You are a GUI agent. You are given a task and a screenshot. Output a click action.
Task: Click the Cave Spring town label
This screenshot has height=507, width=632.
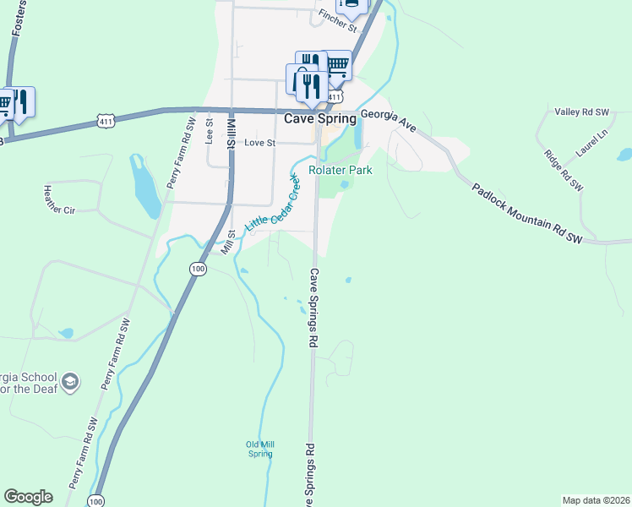(319, 118)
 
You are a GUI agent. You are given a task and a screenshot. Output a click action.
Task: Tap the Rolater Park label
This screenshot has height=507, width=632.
(341, 170)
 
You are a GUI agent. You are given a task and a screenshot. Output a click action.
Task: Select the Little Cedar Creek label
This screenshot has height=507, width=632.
(273, 205)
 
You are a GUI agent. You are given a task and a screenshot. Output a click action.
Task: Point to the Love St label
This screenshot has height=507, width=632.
(259, 143)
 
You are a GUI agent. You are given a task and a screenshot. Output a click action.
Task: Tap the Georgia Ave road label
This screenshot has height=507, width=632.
(389, 120)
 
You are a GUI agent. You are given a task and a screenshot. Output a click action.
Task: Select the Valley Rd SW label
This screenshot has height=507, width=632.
(581, 112)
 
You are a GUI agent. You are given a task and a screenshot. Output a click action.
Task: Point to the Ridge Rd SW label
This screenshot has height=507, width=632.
(564, 170)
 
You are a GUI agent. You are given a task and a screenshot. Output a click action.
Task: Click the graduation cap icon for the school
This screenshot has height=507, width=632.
(70, 384)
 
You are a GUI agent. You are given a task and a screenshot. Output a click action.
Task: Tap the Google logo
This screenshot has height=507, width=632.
(28, 497)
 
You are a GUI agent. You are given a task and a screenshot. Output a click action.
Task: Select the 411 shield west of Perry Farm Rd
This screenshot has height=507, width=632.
(106, 122)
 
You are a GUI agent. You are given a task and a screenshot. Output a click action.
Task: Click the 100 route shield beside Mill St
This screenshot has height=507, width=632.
(197, 269)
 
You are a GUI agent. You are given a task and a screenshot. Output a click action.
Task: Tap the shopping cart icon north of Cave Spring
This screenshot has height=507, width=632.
(336, 65)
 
